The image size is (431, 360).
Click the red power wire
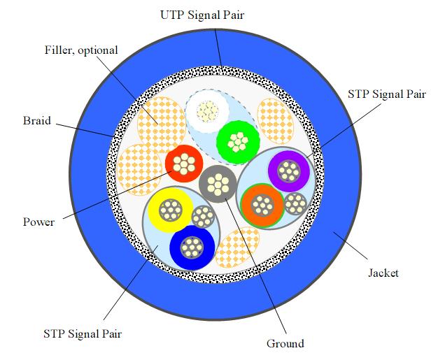184,164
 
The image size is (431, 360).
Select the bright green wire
239,142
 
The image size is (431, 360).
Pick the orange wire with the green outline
262,205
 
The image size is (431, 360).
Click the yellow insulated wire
170,208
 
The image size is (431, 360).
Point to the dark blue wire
191,247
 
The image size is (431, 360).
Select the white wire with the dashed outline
207,110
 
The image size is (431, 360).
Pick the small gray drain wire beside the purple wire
296,203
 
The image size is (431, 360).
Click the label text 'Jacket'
382,273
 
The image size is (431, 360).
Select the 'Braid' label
36,120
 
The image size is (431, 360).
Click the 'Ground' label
285,343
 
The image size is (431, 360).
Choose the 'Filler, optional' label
81,50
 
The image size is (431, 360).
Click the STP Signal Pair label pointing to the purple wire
385,94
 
